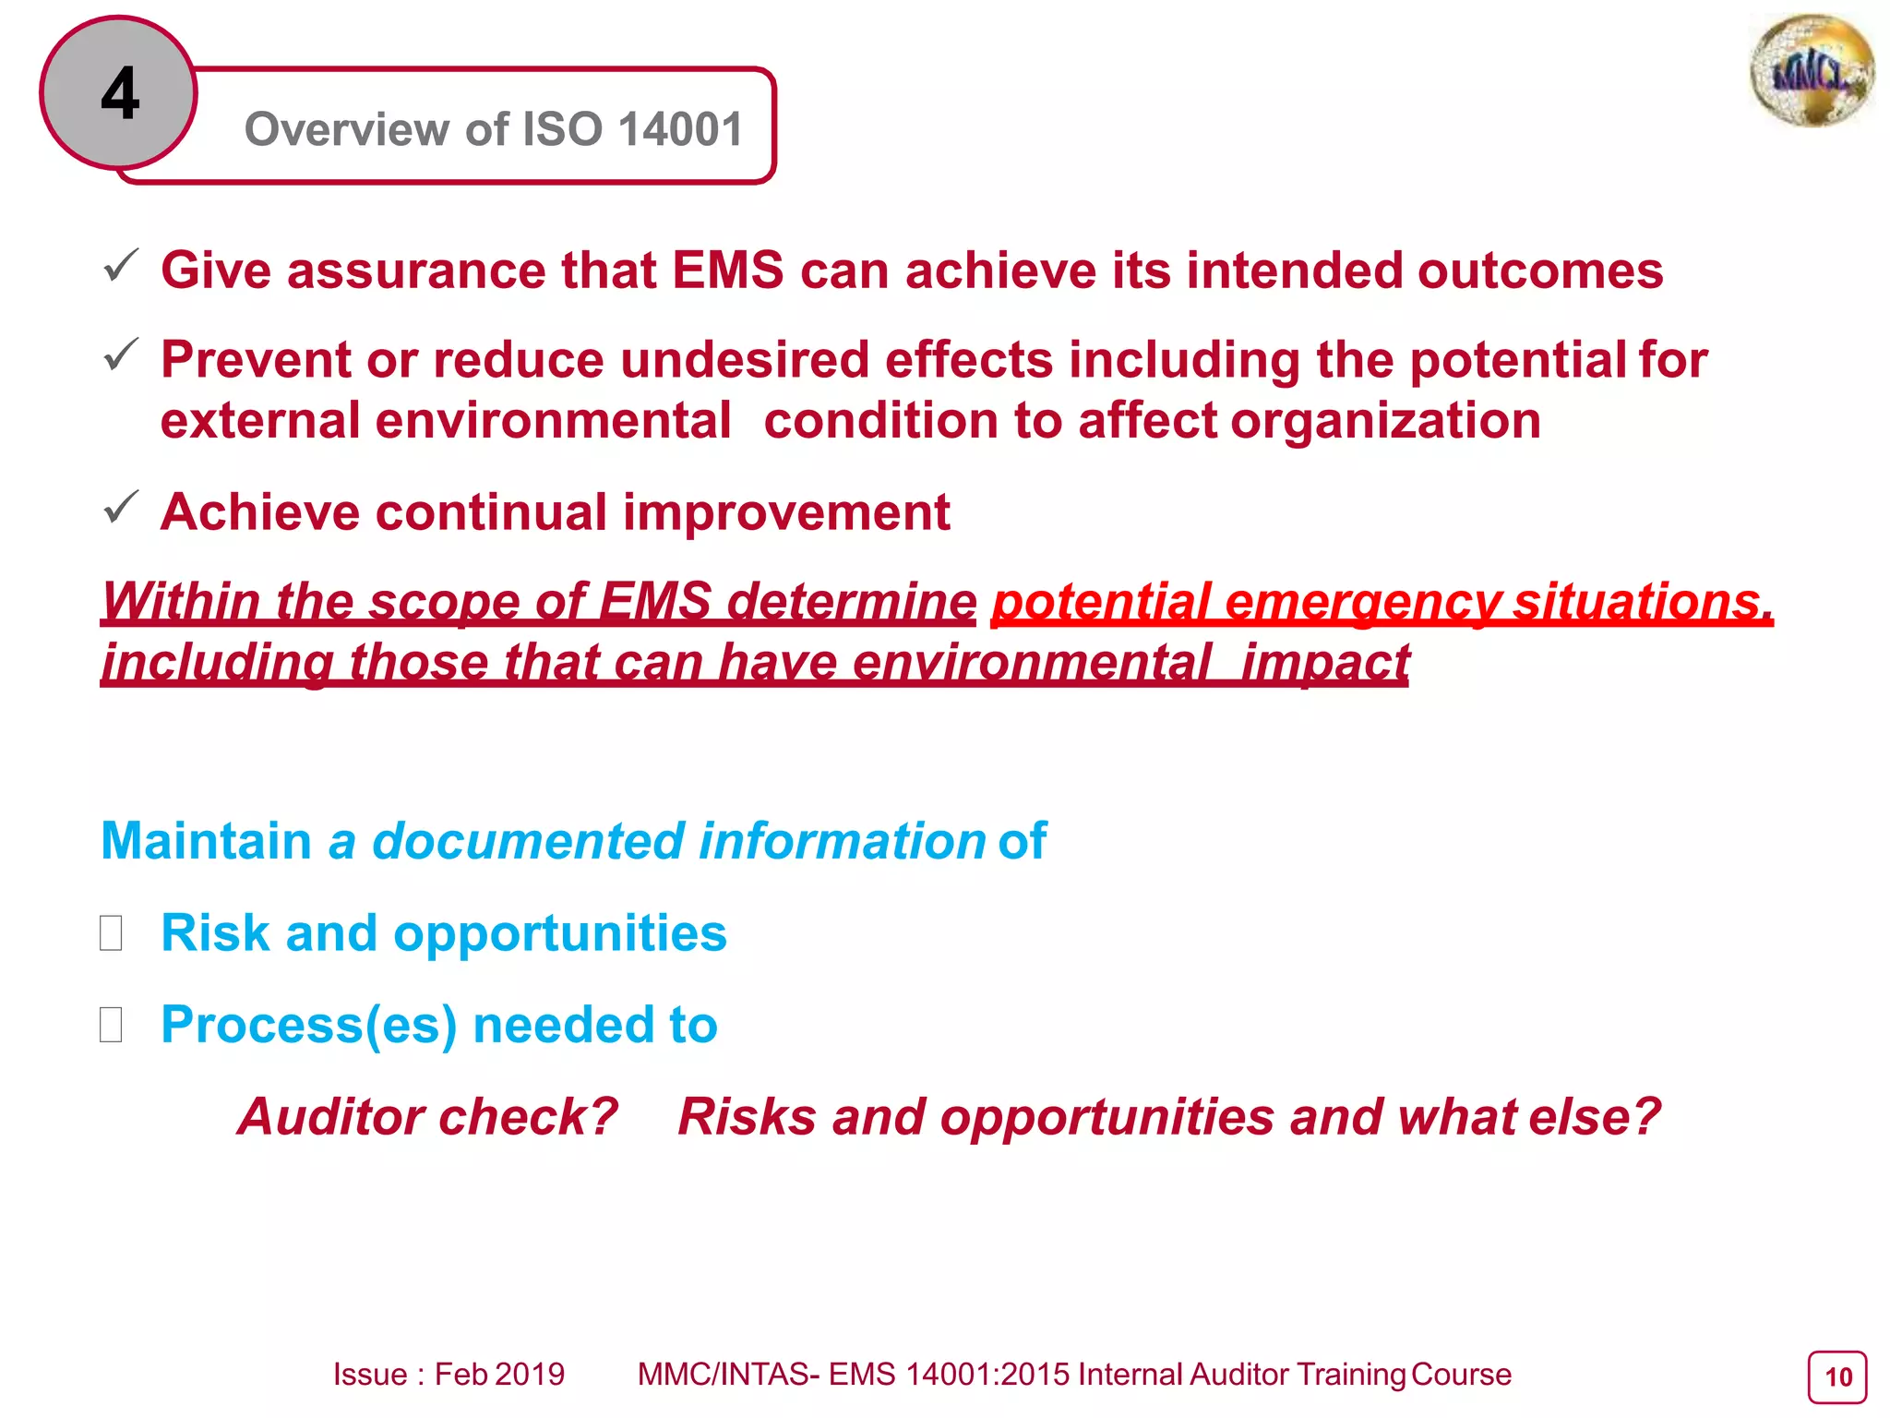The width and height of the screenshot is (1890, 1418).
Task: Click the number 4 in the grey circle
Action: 120,94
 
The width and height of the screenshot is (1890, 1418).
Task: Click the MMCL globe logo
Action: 1812,71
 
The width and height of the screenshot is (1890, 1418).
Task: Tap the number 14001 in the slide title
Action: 680,128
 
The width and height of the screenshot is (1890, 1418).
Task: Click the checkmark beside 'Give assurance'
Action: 121,267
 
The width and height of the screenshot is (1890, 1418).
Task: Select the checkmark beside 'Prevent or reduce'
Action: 121,355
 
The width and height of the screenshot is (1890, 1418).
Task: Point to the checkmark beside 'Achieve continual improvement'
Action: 121,508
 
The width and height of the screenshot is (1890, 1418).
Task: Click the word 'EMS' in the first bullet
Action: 727,270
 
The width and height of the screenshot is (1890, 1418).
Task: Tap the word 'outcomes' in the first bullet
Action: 1539,270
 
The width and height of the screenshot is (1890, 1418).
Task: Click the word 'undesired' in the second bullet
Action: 744,359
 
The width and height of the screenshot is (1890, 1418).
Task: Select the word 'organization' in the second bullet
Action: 1385,421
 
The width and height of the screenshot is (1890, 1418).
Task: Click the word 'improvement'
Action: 786,512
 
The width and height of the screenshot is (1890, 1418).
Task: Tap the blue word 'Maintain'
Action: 206,841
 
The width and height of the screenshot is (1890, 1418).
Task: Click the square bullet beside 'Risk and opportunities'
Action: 111,932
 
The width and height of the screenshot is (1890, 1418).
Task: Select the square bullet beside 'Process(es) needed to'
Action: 111,1025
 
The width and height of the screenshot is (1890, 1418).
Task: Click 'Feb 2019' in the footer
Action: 499,1375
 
